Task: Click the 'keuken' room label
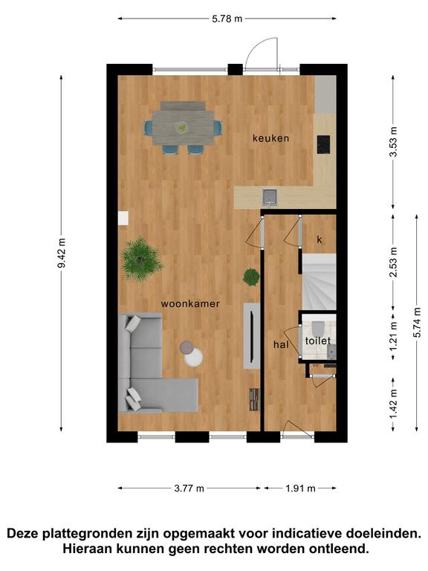tap(270, 138)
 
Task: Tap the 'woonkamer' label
tap(190, 303)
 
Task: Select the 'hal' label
tap(281, 344)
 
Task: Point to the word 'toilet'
tap(318, 341)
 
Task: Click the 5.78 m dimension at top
tap(227, 19)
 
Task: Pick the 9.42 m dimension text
tap(61, 253)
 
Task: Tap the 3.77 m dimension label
tap(189, 488)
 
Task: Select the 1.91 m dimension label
tap(300, 488)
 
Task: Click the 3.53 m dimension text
tap(393, 142)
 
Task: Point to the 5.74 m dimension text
tap(417, 322)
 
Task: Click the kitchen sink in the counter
tap(270, 197)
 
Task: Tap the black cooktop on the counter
tap(323, 145)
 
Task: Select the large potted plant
tap(140, 259)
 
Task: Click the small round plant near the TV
tap(251, 277)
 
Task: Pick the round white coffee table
tap(194, 357)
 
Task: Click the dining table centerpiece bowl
tap(181, 127)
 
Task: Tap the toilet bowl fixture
tap(318, 328)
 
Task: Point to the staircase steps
tap(320, 282)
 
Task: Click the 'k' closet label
tap(320, 239)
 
